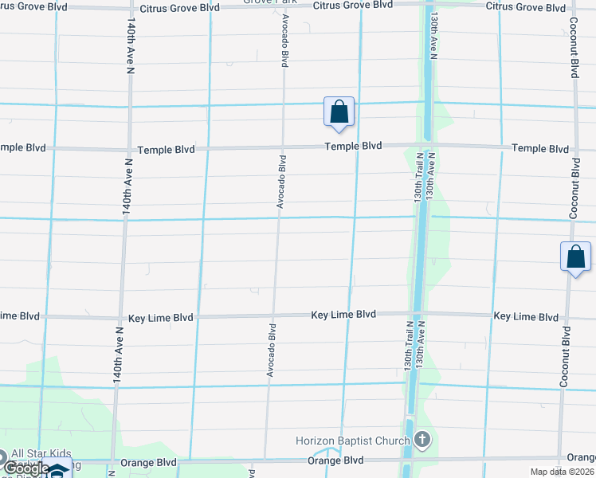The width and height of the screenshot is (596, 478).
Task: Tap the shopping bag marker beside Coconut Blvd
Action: pyautogui.click(x=575, y=257)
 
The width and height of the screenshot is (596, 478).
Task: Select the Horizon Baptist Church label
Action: pyautogui.click(x=353, y=441)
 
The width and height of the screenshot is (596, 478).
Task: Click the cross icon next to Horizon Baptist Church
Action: pyautogui.click(x=422, y=440)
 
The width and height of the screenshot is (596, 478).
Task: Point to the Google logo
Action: pyautogui.click(x=25, y=468)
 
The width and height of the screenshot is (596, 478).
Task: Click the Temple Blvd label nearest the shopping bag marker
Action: pyautogui.click(x=353, y=147)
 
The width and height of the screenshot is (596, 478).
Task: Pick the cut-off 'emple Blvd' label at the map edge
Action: pyautogui.click(x=23, y=148)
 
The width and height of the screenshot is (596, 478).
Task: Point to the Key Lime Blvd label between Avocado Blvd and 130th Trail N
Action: pyautogui.click(x=343, y=315)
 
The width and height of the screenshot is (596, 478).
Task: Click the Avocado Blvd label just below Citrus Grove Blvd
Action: pyautogui.click(x=284, y=41)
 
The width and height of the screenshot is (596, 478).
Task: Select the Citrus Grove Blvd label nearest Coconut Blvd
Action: pyautogui.click(x=525, y=6)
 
